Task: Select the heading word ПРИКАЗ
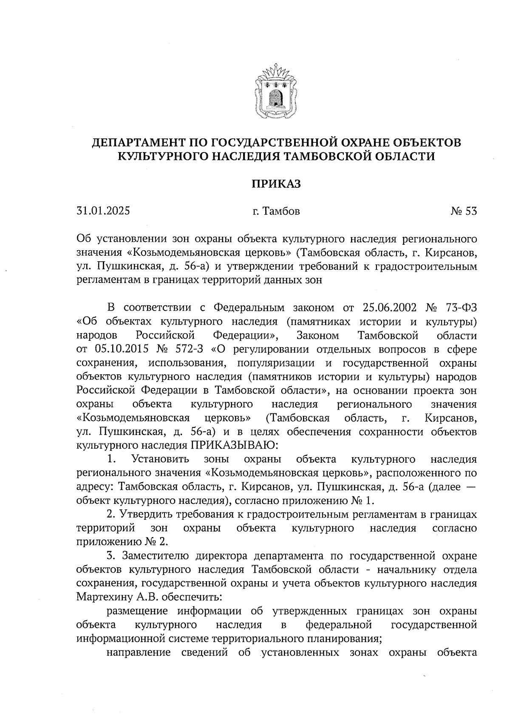(x=276, y=184)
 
